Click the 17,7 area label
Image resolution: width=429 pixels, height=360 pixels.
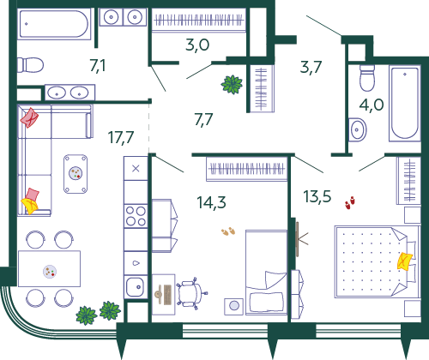(x=121, y=138)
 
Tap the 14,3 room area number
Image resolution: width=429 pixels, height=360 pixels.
(x=211, y=202)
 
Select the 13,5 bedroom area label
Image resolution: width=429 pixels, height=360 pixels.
(x=317, y=196)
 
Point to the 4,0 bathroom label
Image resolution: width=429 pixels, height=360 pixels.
(x=372, y=105)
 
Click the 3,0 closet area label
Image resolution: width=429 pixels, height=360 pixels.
(x=197, y=45)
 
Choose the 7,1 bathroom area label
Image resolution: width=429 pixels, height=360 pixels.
(x=98, y=66)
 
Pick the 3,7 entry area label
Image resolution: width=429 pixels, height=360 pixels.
(x=311, y=67)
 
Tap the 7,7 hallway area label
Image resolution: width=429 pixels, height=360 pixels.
(x=203, y=119)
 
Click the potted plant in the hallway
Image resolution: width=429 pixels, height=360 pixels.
(x=232, y=84)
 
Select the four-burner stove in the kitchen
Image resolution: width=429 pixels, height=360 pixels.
(x=136, y=216)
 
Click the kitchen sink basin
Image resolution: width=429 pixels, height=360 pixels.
(x=136, y=287)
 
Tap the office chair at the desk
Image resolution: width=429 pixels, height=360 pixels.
(x=191, y=293)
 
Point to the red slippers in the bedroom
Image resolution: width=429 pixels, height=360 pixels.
(x=350, y=202)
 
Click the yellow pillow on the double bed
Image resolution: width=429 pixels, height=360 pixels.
(x=405, y=261)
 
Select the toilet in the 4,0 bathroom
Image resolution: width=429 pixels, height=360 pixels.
(x=367, y=78)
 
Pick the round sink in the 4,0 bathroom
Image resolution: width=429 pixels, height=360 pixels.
(x=357, y=129)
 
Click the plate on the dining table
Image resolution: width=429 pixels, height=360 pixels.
(x=50, y=272)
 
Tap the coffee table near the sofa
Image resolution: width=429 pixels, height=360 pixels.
(x=76, y=174)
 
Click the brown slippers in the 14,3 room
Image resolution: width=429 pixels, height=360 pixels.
(x=228, y=231)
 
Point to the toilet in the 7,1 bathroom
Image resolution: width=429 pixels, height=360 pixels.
(x=30, y=65)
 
